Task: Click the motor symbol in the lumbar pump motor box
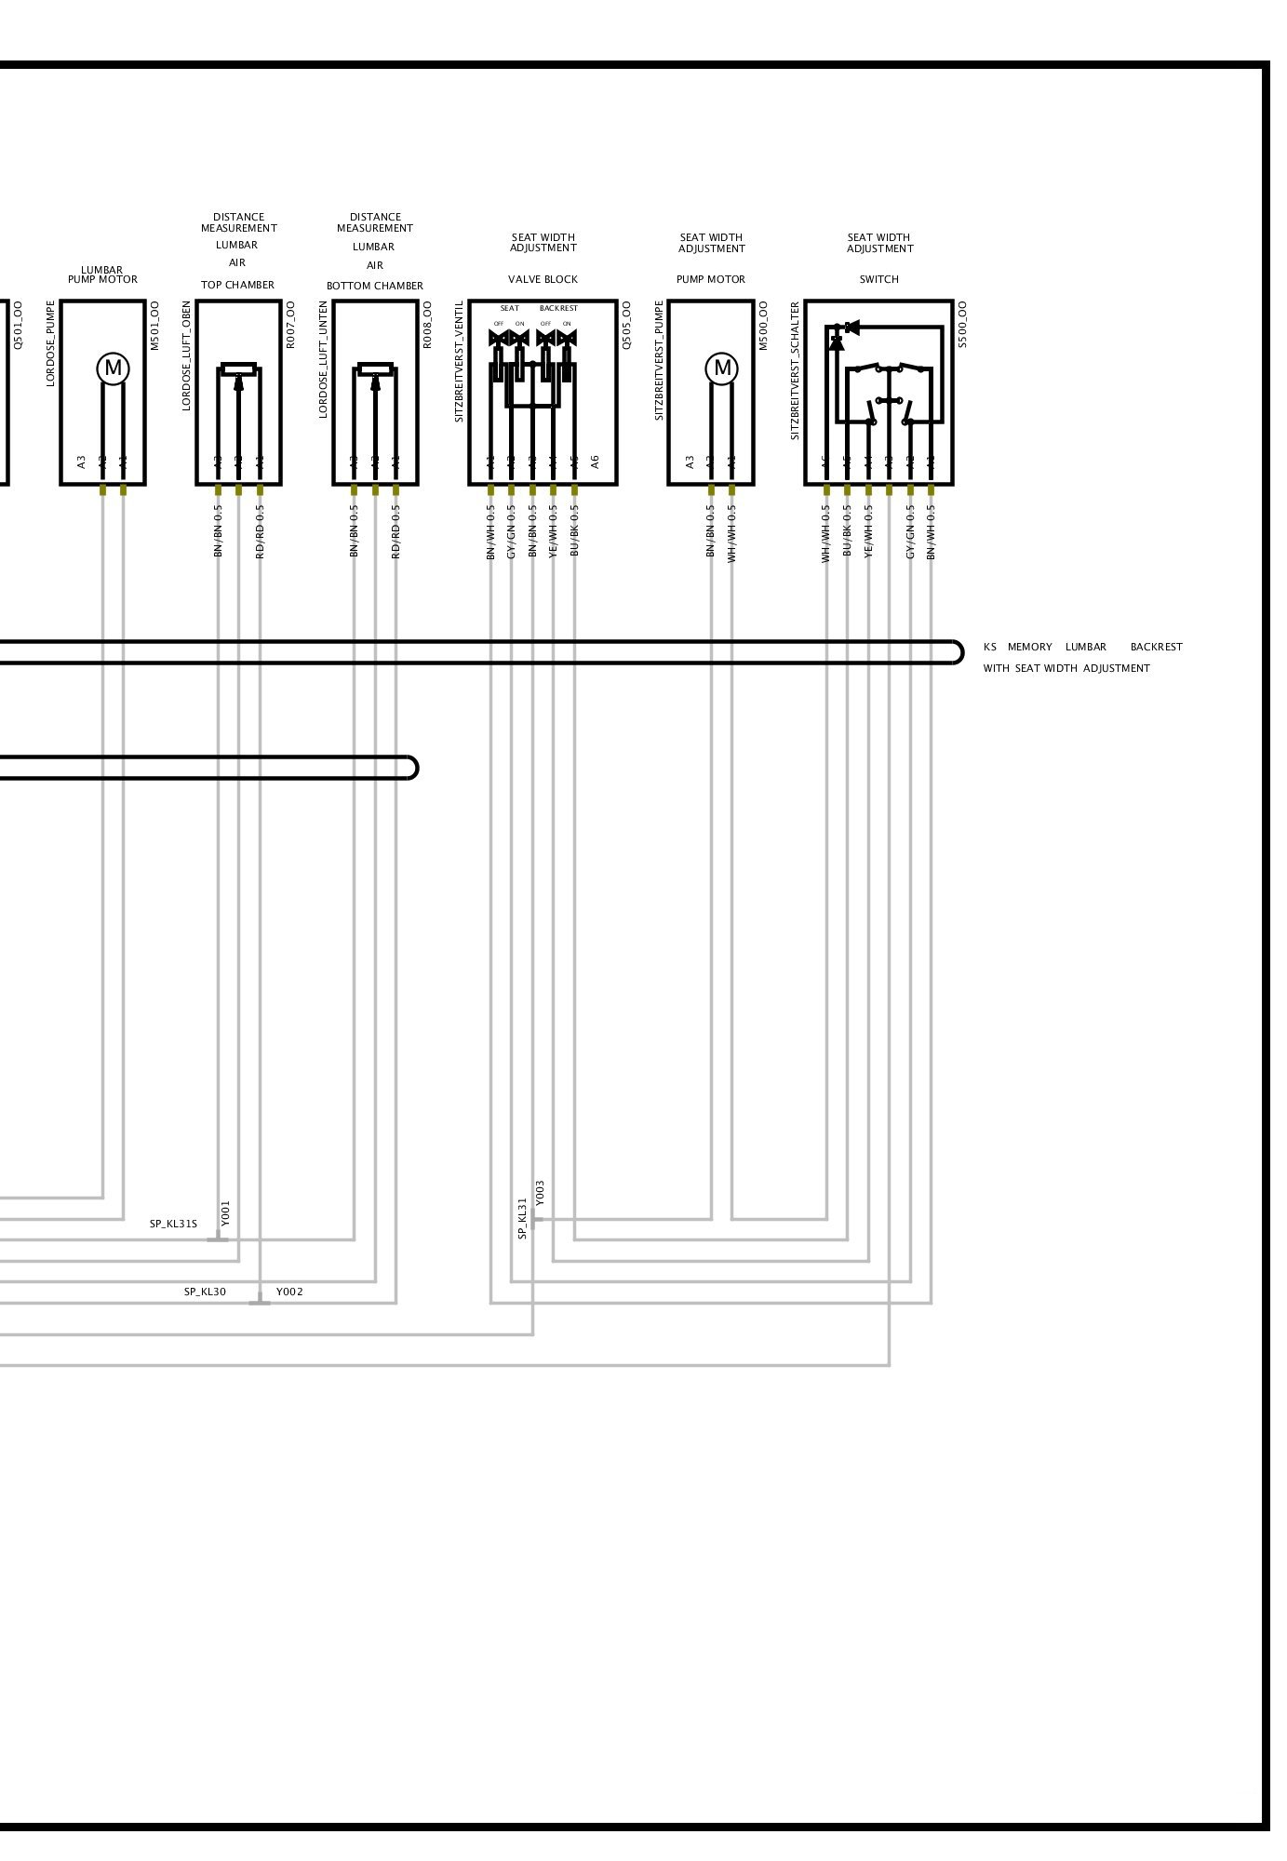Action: (x=113, y=368)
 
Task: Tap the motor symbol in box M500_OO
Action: (x=721, y=368)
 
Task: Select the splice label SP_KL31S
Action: (x=173, y=1224)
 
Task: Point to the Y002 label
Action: (x=289, y=1292)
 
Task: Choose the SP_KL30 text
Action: (x=205, y=1292)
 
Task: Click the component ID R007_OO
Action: (x=290, y=324)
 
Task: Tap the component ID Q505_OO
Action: (x=626, y=324)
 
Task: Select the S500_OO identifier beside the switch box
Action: (x=962, y=324)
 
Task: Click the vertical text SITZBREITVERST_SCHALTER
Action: (x=796, y=370)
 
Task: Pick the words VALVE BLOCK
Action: (x=543, y=279)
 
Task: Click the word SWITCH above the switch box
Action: (x=878, y=279)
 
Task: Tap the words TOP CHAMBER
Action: (x=237, y=285)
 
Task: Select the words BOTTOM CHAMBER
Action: (x=374, y=286)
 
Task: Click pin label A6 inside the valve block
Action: (x=596, y=461)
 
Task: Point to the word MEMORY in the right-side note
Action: (x=1029, y=647)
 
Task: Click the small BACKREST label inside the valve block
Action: (x=558, y=308)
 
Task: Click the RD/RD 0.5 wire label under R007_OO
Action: (x=261, y=531)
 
